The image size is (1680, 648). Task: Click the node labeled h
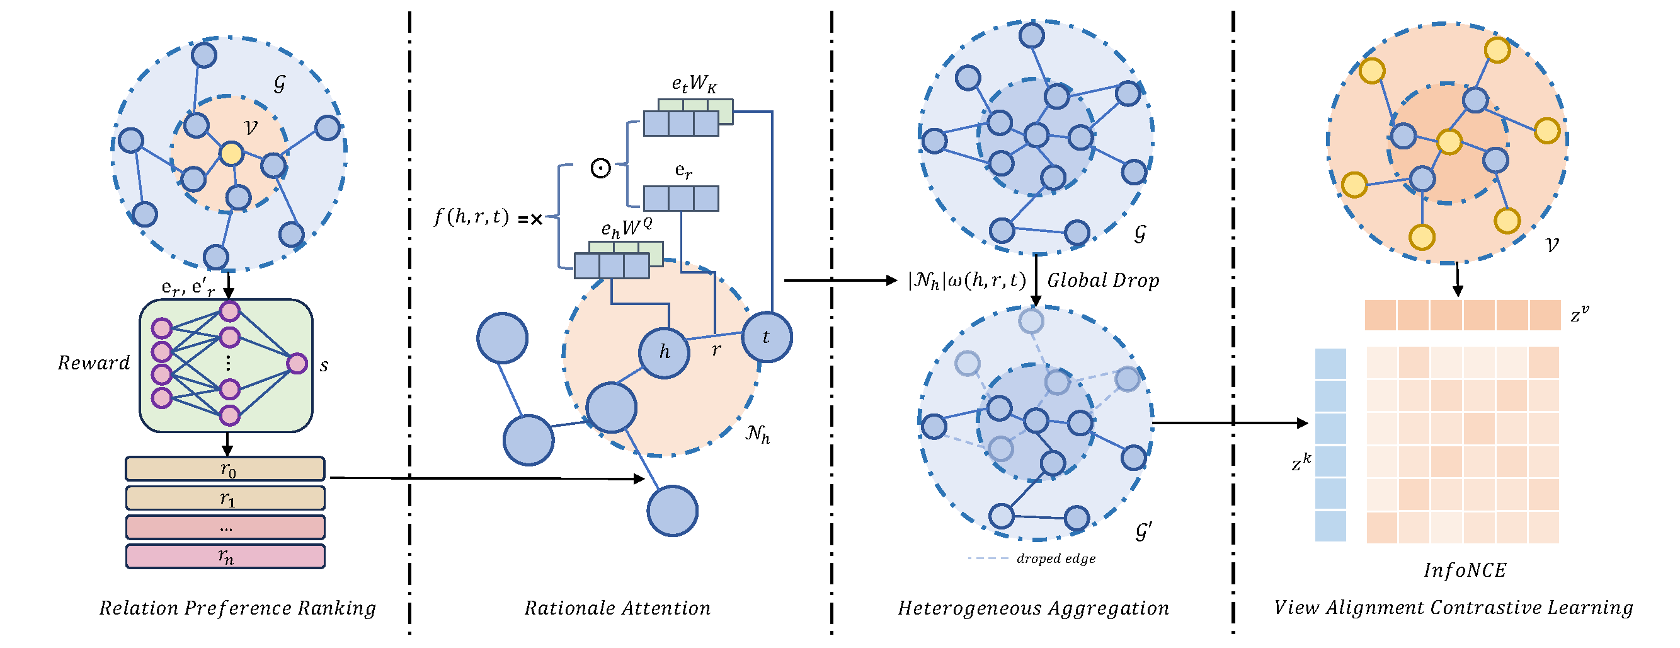664,353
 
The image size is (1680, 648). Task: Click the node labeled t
767,337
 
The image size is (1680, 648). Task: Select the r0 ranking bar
226,468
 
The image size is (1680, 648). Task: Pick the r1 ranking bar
226,498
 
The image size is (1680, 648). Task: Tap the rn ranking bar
226,557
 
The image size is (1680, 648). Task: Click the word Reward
94,363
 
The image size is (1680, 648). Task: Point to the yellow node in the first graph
231,153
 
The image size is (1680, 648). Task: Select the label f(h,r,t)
472,217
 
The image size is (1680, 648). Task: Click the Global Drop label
1103,281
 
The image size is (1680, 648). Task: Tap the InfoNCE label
1465,570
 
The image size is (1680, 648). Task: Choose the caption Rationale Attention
617,608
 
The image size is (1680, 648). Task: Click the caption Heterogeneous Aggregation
1033,608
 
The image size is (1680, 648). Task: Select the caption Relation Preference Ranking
237,608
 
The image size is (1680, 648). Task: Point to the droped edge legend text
1056,558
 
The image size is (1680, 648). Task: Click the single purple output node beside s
297,364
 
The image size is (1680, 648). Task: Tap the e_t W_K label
694,84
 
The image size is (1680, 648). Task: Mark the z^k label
1301,463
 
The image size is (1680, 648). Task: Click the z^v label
1580,315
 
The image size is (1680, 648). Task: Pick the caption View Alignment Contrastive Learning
1454,608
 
